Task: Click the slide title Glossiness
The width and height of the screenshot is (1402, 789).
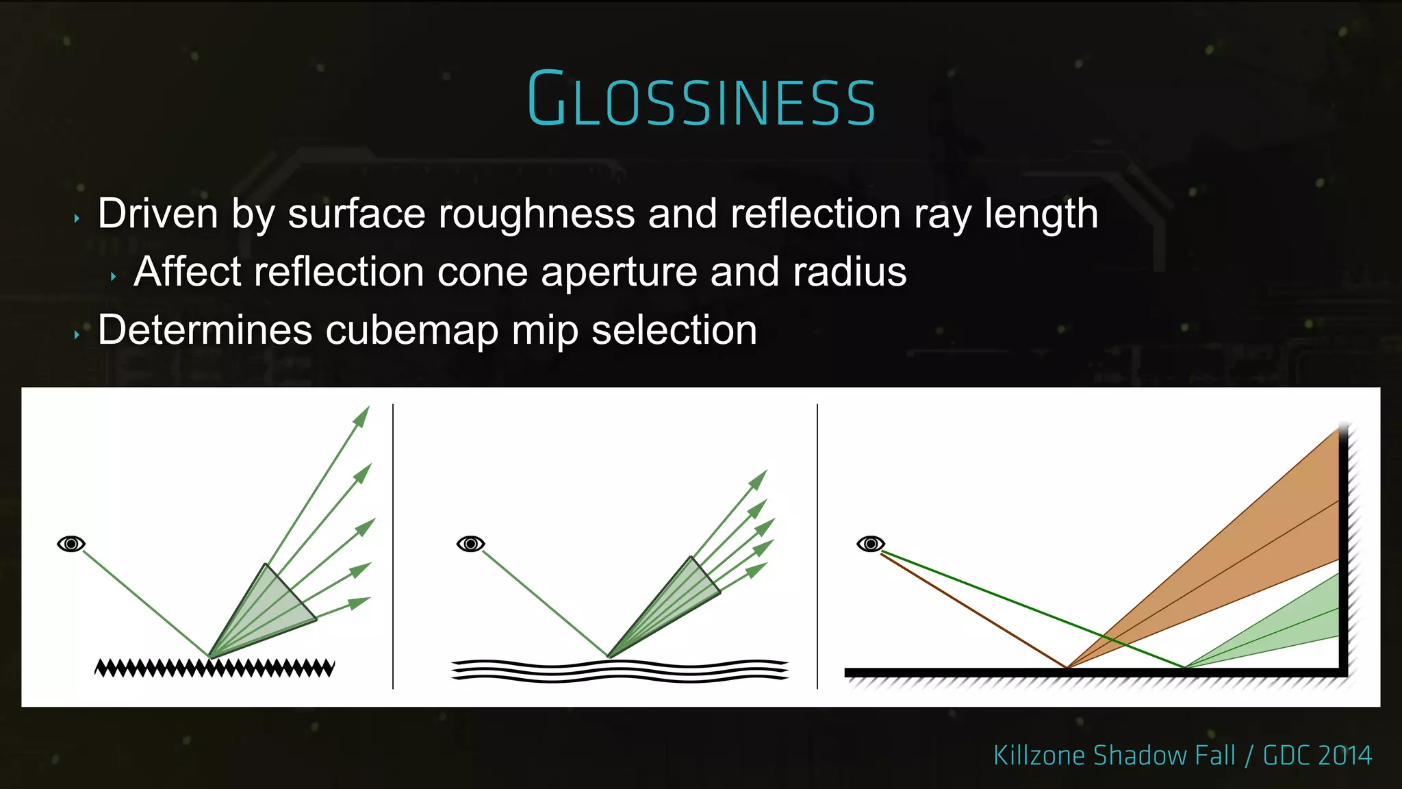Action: pyautogui.click(x=701, y=100)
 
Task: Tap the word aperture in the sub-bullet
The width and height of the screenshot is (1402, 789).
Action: pyautogui.click(x=619, y=272)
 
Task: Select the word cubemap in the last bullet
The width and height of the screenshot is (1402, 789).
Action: pyautogui.click(x=412, y=330)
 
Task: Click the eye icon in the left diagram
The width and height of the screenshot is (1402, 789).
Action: pyautogui.click(x=71, y=544)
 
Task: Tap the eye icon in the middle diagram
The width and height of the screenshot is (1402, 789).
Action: pyautogui.click(x=471, y=544)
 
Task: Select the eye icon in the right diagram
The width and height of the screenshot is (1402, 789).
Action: pyautogui.click(x=871, y=544)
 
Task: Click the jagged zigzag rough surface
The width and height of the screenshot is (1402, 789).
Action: pyautogui.click(x=214, y=668)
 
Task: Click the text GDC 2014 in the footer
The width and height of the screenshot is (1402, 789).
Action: pyautogui.click(x=1316, y=755)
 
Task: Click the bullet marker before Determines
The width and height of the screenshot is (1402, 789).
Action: pyautogui.click(x=77, y=335)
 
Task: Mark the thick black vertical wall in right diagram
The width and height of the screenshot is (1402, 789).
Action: pyautogui.click(x=1343, y=548)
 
